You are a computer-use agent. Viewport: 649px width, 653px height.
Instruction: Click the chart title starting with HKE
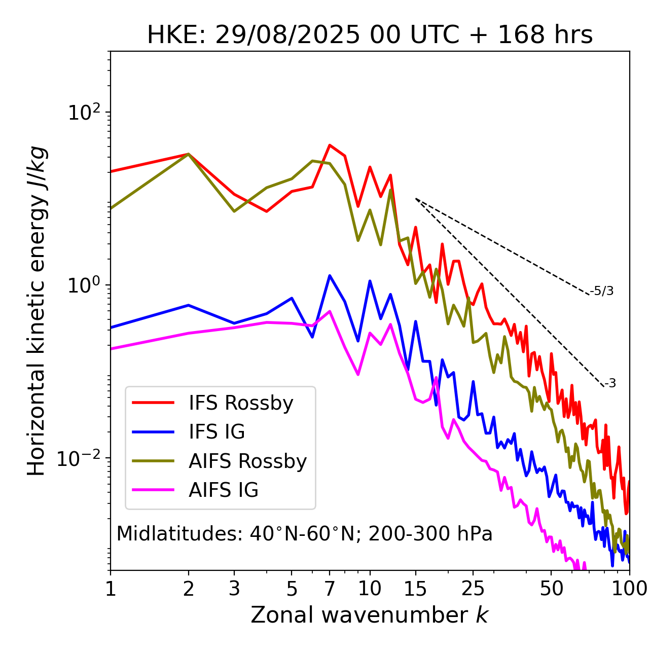pyautogui.click(x=370, y=35)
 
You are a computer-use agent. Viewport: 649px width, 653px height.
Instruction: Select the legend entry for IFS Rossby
pyautogui.click(x=241, y=403)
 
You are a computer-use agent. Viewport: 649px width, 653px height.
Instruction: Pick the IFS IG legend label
pyautogui.click(x=217, y=432)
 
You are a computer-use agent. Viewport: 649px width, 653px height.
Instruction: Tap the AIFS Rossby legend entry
pyautogui.click(x=247, y=461)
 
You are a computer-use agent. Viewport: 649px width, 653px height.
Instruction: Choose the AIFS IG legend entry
pyautogui.click(x=223, y=490)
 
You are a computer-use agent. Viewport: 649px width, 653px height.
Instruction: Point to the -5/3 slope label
pyautogui.click(x=602, y=291)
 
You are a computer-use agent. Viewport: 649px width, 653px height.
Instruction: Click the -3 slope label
pyautogui.click(x=610, y=384)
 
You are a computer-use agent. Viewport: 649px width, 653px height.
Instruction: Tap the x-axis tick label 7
pyautogui.click(x=330, y=589)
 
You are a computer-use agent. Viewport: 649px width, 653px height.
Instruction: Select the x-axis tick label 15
pyautogui.click(x=415, y=589)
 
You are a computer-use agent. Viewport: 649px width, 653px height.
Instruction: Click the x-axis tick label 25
pyautogui.click(x=473, y=589)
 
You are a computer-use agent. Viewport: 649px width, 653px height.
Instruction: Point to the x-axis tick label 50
pyautogui.click(x=552, y=589)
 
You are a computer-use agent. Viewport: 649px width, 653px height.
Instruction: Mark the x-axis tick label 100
pyautogui.click(x=629, y=589)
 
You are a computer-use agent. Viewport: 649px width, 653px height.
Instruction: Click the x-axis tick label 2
pyautogui.click(x=189, y=589)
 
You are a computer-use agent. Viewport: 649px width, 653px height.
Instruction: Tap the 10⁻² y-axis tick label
pyautogui.click(x=81, y=458)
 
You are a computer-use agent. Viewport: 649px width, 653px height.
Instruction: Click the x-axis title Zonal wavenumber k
pyautogui.click(x=370, y=615)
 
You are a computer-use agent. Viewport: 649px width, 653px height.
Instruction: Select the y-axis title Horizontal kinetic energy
pyautogui.click(x=37, y=311)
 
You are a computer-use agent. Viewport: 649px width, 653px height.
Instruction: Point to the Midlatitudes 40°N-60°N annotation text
pyautogui.click(x=304, y=534)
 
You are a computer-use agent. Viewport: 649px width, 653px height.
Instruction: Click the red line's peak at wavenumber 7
pyautogui.click(x=330, y=145)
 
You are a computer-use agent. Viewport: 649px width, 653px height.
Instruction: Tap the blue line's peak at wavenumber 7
pyautogui.click(x=330, y=276)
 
